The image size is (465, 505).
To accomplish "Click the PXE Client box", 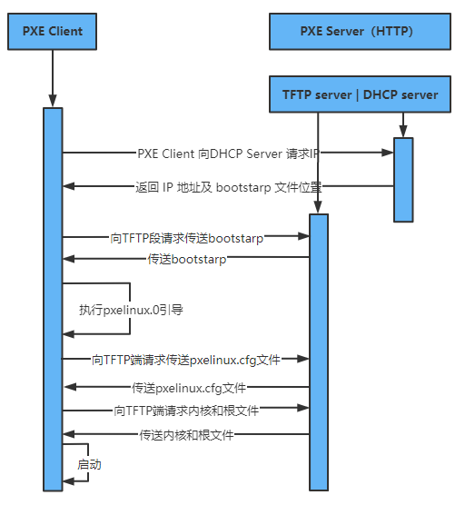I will [x=53, y=31].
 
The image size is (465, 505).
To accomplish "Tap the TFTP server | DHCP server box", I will [x=360, y=94].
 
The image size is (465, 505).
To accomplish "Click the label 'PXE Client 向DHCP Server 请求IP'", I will [x=228, y=153].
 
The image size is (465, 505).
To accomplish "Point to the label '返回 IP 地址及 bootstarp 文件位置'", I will [x=228, y=187].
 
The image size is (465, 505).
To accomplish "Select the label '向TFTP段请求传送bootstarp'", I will [x=187, y=238].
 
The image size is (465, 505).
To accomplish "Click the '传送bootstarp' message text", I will [x=187, y=260].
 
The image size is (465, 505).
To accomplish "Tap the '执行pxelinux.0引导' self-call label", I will [x=132, y=310].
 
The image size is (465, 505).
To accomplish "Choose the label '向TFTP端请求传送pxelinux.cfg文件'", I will [x=186, y=360].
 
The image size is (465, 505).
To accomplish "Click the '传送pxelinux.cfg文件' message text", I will [x=189, y=388].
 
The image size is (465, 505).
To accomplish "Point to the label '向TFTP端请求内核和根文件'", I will [x=187, y=411].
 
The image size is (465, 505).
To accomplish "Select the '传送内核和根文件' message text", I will [x=187, y=435].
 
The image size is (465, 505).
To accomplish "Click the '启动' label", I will [x=89, y=464].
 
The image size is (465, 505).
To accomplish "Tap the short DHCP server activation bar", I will [x=403, y=179].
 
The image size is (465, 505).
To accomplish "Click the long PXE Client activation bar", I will [x=53, y=300].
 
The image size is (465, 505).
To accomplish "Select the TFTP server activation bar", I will [x=318, y=350].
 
